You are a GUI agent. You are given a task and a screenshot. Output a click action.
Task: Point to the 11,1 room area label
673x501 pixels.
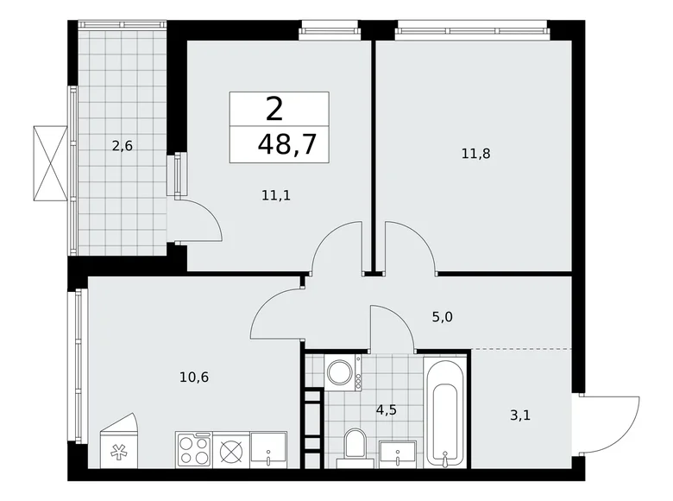275,195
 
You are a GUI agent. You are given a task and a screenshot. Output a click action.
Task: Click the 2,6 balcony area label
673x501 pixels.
122,145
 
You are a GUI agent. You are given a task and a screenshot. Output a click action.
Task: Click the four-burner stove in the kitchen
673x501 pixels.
194,450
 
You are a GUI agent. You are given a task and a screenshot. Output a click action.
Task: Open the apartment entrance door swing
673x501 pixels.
609,423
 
